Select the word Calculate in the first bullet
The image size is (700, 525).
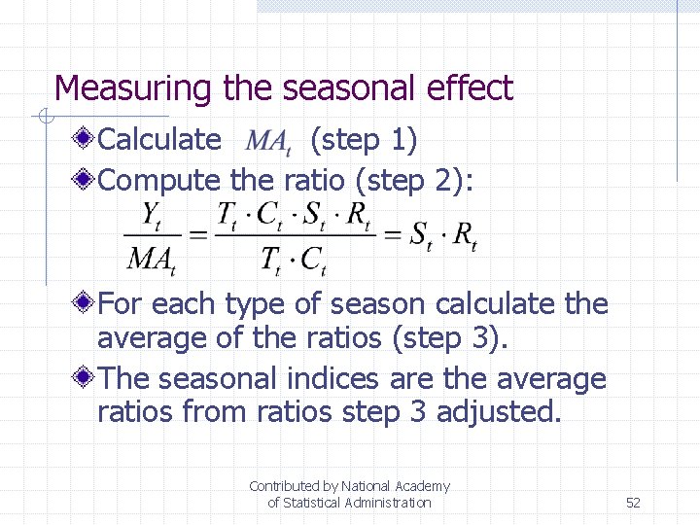[x=159, y=140]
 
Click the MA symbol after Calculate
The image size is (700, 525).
[x=268, y=143]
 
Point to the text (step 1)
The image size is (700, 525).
[x=363, y=140]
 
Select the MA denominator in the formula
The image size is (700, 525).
[x=150, y=259]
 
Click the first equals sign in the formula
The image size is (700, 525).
[x=196, y=236]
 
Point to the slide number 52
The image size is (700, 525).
[x=633, y=503]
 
